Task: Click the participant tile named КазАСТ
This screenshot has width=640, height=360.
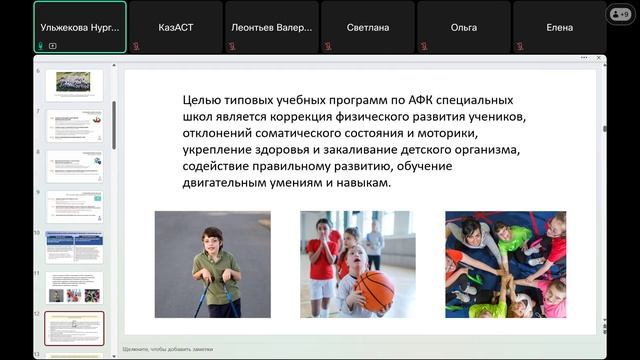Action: coord(175,27)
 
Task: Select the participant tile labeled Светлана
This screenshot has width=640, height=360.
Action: coord(367,27)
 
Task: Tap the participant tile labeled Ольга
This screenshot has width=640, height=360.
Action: coord(463,27)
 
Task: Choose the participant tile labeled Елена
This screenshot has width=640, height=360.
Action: coord(559,27)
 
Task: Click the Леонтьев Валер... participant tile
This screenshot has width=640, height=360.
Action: coord(271,27)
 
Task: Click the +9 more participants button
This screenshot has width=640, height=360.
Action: coord(620,14)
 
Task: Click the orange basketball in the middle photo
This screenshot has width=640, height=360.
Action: coord(375,290)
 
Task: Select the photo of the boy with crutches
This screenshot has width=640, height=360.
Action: coord(212,264)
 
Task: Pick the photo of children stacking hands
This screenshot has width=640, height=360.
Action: coord(505,264)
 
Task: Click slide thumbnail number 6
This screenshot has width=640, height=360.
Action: coord(74,84)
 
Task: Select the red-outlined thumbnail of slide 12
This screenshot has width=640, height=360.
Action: coord(74,328)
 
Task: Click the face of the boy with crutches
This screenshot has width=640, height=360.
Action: coord(213,240)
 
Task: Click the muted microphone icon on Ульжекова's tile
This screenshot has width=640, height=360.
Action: coord(42,45)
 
